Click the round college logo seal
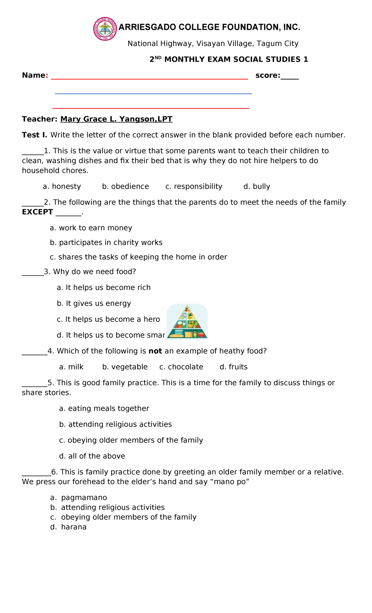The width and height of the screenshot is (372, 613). [105, 29]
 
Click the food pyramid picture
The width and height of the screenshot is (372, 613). [187, 322]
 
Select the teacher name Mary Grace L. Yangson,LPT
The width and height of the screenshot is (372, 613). [116, 119]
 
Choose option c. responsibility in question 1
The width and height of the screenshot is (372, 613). [194, 186]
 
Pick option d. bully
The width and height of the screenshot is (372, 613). [257, 186]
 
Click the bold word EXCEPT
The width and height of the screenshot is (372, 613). [38, 212]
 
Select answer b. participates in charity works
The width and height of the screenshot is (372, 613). [106, 243]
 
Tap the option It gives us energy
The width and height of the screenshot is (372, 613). [94, 303]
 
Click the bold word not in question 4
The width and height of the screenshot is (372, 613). [155, 351]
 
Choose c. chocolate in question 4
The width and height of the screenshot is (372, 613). [181, 367]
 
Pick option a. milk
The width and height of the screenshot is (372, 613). [71, 367]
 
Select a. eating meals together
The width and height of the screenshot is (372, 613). [104, 409]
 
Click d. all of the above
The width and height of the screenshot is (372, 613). [92, 456]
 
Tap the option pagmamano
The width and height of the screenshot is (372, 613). [84, 498]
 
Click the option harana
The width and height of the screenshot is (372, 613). [74, 527]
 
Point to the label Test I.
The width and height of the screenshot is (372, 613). [34, 135]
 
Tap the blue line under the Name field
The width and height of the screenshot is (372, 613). [153, 94]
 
